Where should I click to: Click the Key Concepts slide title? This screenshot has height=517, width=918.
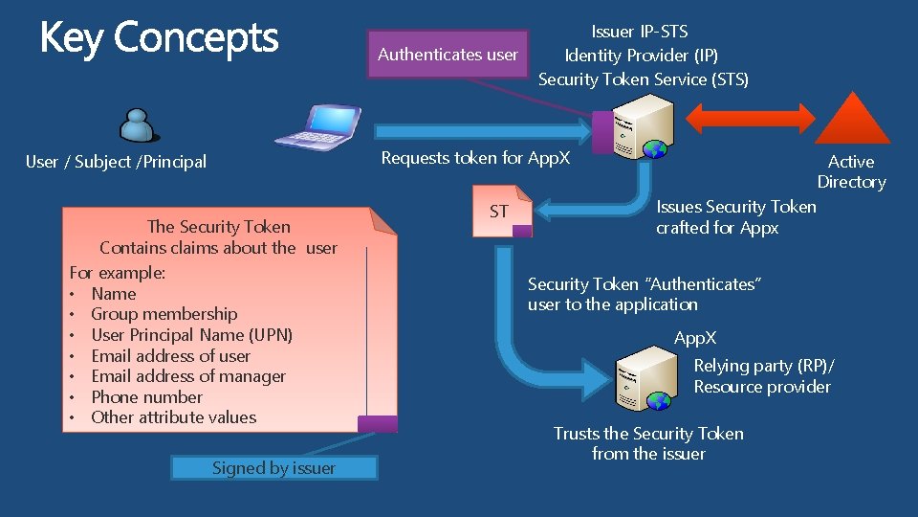pyautogui.click(x=159, y=38)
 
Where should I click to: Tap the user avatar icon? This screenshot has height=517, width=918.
pyautogui.click(x=138, y=124)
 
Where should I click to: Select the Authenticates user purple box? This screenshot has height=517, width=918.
pyautogui.click(x=448, y=55)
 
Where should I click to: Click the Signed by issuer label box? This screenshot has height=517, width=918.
pyautogui.click(x=273, y=468)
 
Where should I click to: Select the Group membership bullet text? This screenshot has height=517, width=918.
pyautogui.click(x=164, y=314)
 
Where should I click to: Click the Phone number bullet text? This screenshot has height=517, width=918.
pyautogui.click(x=146, y=397)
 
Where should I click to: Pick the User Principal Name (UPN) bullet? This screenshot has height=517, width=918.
pyautogui.click(x=191, y=335)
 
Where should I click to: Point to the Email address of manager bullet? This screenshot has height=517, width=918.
pyautogui.click(x=188, y=376)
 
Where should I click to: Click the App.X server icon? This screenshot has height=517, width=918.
pyautogui.click(x=642, y=380)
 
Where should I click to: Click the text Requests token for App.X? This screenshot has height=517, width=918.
pyautogui.click(x=475, y=158)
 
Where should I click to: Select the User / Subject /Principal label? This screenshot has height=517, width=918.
pyautogui.click(x=116, y=162)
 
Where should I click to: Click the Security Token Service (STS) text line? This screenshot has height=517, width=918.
pyautogui.click(x=644, y=79)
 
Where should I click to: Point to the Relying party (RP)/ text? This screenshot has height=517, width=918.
pyautogui.click(x=763, y=366)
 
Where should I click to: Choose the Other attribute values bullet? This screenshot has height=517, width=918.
pyautogui.click(x=173, y=417)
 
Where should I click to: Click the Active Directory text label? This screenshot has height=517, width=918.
pyautogui.click(x=851, y=171)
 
